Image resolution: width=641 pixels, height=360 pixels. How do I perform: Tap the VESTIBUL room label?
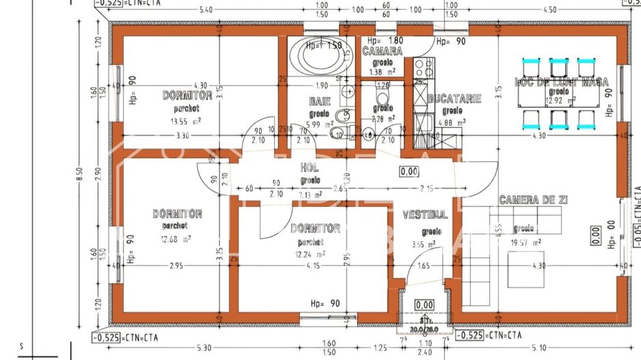click(x=425, y=214)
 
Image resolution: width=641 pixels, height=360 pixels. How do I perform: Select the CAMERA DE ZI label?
click(x=534, y=199)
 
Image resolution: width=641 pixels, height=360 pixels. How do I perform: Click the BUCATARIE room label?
click(x=454, y=99)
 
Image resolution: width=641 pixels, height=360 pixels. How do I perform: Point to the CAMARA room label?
click(x=382, y=51)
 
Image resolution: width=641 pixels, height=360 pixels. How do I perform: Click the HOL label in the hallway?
click(x=310, y=168)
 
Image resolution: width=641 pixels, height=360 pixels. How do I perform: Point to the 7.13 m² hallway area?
click(x=310, y=195)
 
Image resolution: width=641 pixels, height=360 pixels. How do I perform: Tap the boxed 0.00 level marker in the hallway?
click(x=409, y=171)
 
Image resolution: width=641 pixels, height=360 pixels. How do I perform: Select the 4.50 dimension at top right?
click(x=550, y=10)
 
